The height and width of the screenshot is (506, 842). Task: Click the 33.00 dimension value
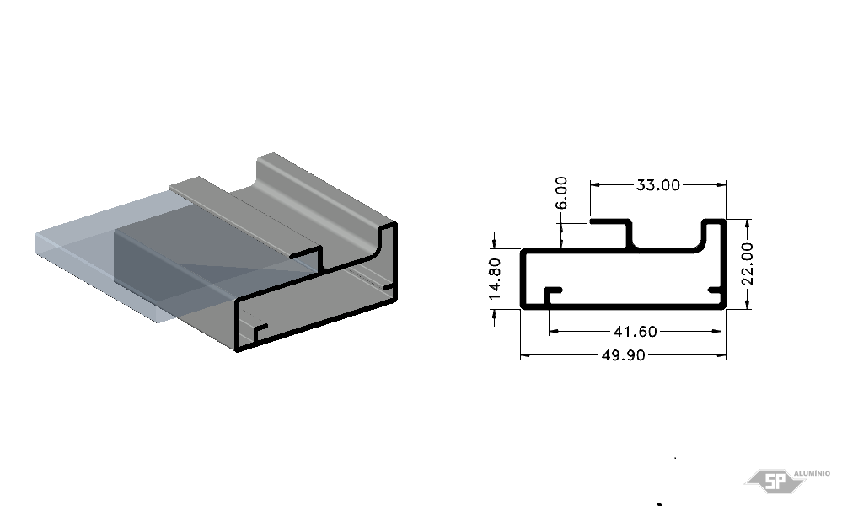click(657, 185)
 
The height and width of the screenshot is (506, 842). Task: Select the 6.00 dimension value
click(560, 193)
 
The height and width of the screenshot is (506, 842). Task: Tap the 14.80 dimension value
click(495, 279)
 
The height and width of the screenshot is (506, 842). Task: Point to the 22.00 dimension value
click(747, 264)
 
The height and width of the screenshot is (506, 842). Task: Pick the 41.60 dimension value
click(635, 332)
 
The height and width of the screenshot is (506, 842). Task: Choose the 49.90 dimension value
click(623, 355)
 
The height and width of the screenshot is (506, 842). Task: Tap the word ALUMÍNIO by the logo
click(812, 473)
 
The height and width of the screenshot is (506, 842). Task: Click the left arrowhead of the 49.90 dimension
click(525, 355)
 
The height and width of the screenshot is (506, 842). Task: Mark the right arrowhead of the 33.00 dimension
click(721, 185)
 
